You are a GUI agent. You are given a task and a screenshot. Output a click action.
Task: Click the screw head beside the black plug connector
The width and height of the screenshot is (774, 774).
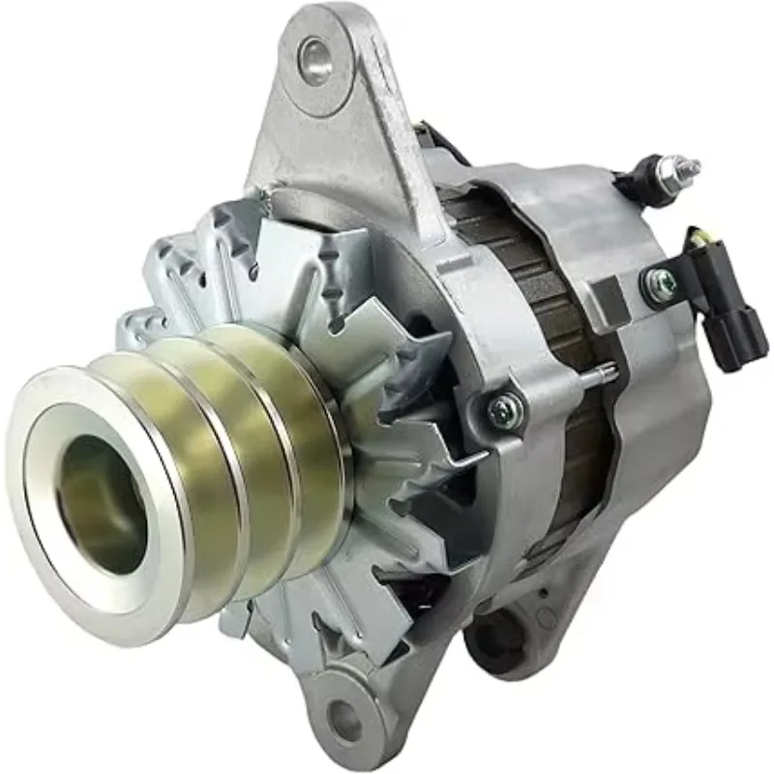tap(662, 283)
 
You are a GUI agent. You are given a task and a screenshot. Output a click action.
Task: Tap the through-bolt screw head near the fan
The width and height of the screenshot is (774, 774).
tap(505, 411)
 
